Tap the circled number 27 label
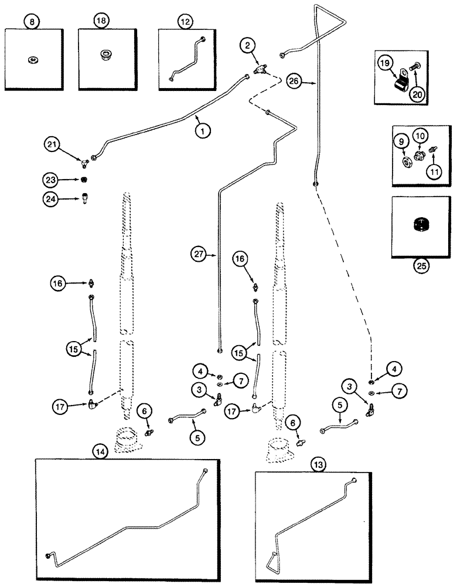[199, 254]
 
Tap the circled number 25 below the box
[421, 265]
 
